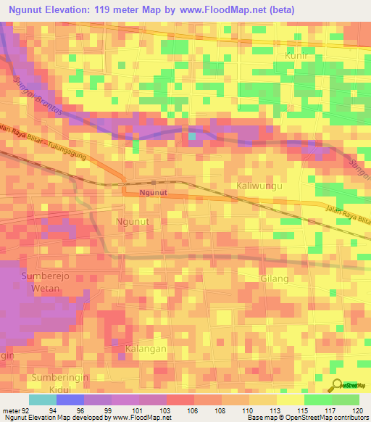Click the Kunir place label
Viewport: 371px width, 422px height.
297,55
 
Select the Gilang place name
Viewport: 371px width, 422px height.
274,278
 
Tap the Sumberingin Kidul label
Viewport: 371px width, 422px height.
53,384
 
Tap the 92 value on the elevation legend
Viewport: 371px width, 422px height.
25,410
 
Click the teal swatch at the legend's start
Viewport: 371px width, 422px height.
42,400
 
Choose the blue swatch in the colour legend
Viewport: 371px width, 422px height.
70,400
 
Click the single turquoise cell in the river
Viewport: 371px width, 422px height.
191,136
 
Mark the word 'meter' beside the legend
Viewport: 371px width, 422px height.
10,410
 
